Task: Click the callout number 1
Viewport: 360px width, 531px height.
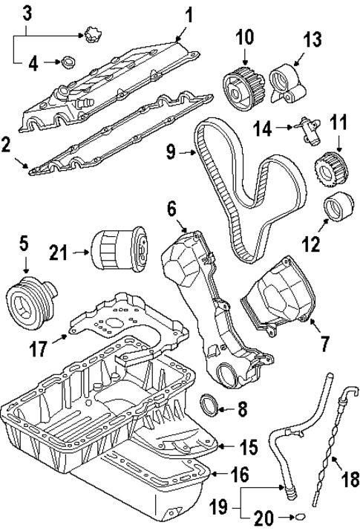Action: (x=188, y=13)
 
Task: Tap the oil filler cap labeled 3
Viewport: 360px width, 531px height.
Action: (x=91, y=33)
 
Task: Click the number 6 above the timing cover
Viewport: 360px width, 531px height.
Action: (x=171, y=210)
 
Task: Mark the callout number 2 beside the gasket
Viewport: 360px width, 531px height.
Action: (x=7, y=144)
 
